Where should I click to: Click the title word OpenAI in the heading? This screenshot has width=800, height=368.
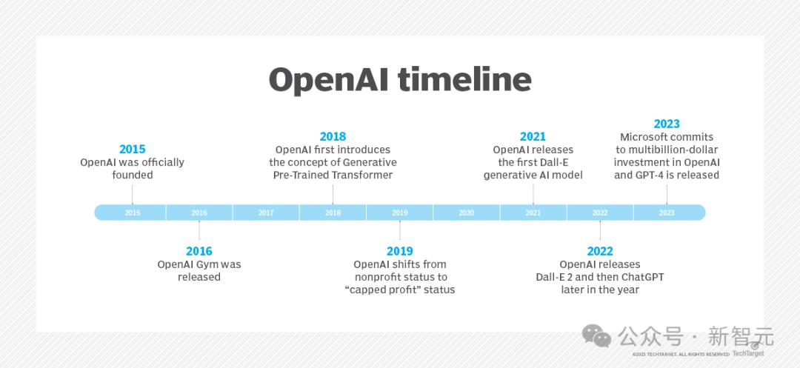click(328, 79)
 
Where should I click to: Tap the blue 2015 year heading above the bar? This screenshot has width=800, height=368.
click(133, 150)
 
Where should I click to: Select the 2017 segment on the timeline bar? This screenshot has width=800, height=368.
click(266, 213)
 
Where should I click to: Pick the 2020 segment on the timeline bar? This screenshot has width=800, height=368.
click(466, 213)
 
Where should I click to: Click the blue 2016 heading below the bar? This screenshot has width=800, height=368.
click(199, 251)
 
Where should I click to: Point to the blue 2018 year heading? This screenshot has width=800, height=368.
click(333, 136)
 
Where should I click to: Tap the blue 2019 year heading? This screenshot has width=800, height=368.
click(399, 251)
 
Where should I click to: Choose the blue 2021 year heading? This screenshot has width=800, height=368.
click(533, 136)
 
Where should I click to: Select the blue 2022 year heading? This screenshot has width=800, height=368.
click(600, 251)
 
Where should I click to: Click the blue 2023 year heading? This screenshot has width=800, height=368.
click(667, 124)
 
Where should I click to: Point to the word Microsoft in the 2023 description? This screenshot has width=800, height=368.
click(644, 137)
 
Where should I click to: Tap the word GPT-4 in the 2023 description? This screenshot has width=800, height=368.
click(647, 175)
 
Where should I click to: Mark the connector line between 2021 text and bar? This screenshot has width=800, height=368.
click(533, 193)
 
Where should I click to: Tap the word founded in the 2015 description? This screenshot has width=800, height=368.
click(133, 175)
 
